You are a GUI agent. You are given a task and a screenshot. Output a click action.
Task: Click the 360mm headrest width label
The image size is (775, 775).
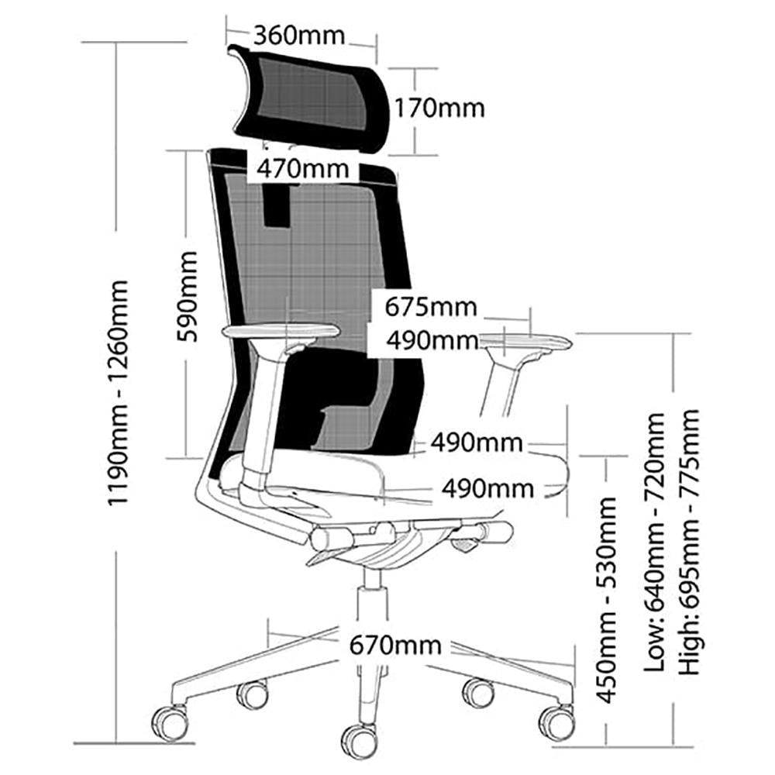tap(299, 36)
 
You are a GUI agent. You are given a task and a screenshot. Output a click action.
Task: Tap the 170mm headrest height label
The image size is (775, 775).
tap(439, 108)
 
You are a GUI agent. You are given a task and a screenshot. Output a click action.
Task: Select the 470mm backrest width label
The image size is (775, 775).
tap(302, 168)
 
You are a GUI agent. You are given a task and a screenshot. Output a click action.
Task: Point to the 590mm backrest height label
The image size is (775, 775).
tap(188, 297)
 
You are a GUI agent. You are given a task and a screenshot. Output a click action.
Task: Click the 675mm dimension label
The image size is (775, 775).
tap(431, 307)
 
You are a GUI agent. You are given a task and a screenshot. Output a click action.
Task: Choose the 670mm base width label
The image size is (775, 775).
tap(395, 646)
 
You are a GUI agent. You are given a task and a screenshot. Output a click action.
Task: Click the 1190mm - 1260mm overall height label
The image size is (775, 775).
tap(119, 393)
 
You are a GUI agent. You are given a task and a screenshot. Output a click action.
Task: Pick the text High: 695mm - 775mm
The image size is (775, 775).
tap(690, 542)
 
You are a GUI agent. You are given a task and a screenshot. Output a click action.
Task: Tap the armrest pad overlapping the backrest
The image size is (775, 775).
tap(281, 330)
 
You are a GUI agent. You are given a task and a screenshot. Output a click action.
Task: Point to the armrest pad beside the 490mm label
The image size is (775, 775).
tap(526, 341)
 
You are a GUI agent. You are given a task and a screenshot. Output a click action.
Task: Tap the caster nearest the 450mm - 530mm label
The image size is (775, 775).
tap(556, 723)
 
